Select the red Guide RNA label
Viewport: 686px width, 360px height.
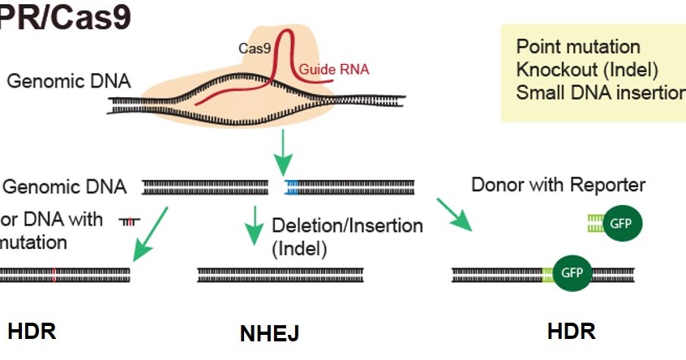[334, 70]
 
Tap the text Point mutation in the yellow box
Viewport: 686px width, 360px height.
[577, 47]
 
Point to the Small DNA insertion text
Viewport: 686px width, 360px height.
[600, 92]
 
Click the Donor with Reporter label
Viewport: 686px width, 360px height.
[558, 185]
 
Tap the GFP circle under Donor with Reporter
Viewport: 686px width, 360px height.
[622, 224]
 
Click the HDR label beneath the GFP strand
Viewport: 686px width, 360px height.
[571, 331]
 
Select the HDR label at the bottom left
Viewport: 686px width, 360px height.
[32, 331]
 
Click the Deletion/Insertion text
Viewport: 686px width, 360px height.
[347, 225]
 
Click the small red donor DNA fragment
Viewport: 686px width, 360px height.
[129, 221]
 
